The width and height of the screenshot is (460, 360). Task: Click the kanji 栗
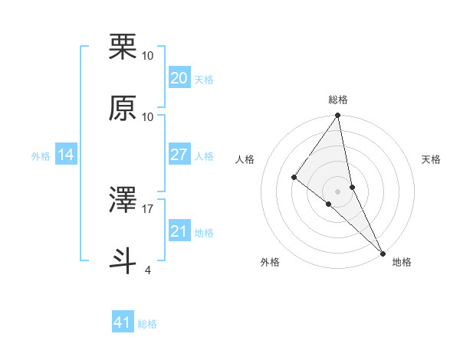point(123,47)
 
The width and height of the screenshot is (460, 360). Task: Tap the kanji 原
point(123,108)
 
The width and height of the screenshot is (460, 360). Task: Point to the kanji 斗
point(123,259)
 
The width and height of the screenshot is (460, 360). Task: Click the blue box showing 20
point(179,78)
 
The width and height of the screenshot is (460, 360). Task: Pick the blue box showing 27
point(179,155)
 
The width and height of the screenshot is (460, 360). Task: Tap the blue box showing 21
point(179,231)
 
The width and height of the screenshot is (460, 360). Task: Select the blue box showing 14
point(66,155)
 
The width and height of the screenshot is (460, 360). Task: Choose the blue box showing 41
point(123,322)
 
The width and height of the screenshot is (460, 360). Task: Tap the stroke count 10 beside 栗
point(148,56)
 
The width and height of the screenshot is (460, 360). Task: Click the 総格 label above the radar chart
point(337,100)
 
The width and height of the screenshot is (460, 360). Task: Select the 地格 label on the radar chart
point(402,262)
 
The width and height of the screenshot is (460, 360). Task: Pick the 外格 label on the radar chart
point(270,262)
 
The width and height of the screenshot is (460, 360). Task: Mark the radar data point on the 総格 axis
point(337,116)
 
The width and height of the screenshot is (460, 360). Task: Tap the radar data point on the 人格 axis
point(294,177)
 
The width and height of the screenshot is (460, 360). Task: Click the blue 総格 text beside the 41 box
point(147,324)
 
